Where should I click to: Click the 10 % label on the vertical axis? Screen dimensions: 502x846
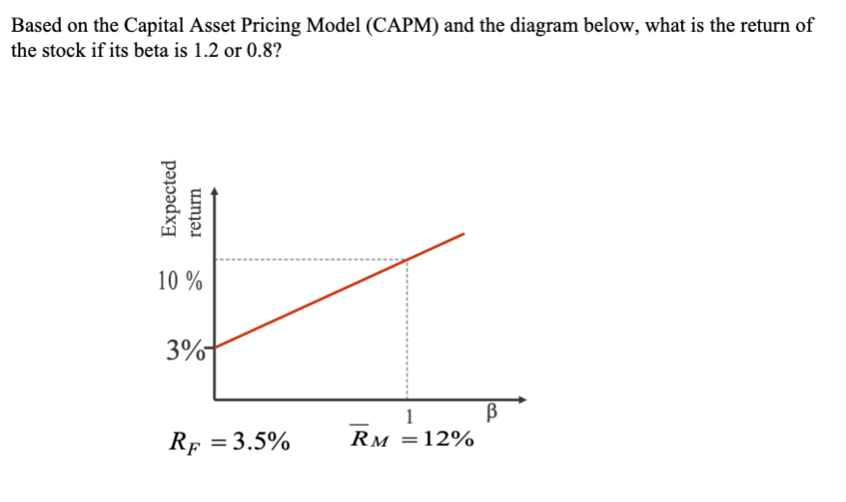point(181,282)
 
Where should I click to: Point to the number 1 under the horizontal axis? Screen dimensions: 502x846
point(409,416)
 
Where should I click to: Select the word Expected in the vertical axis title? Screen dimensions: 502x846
point(170,199)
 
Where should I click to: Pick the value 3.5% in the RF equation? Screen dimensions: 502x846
point(259,442)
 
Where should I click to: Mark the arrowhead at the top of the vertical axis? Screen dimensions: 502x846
point(214,191)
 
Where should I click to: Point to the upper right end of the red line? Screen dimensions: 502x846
point(464,233)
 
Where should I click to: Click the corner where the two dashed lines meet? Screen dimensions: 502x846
point(408,259)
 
